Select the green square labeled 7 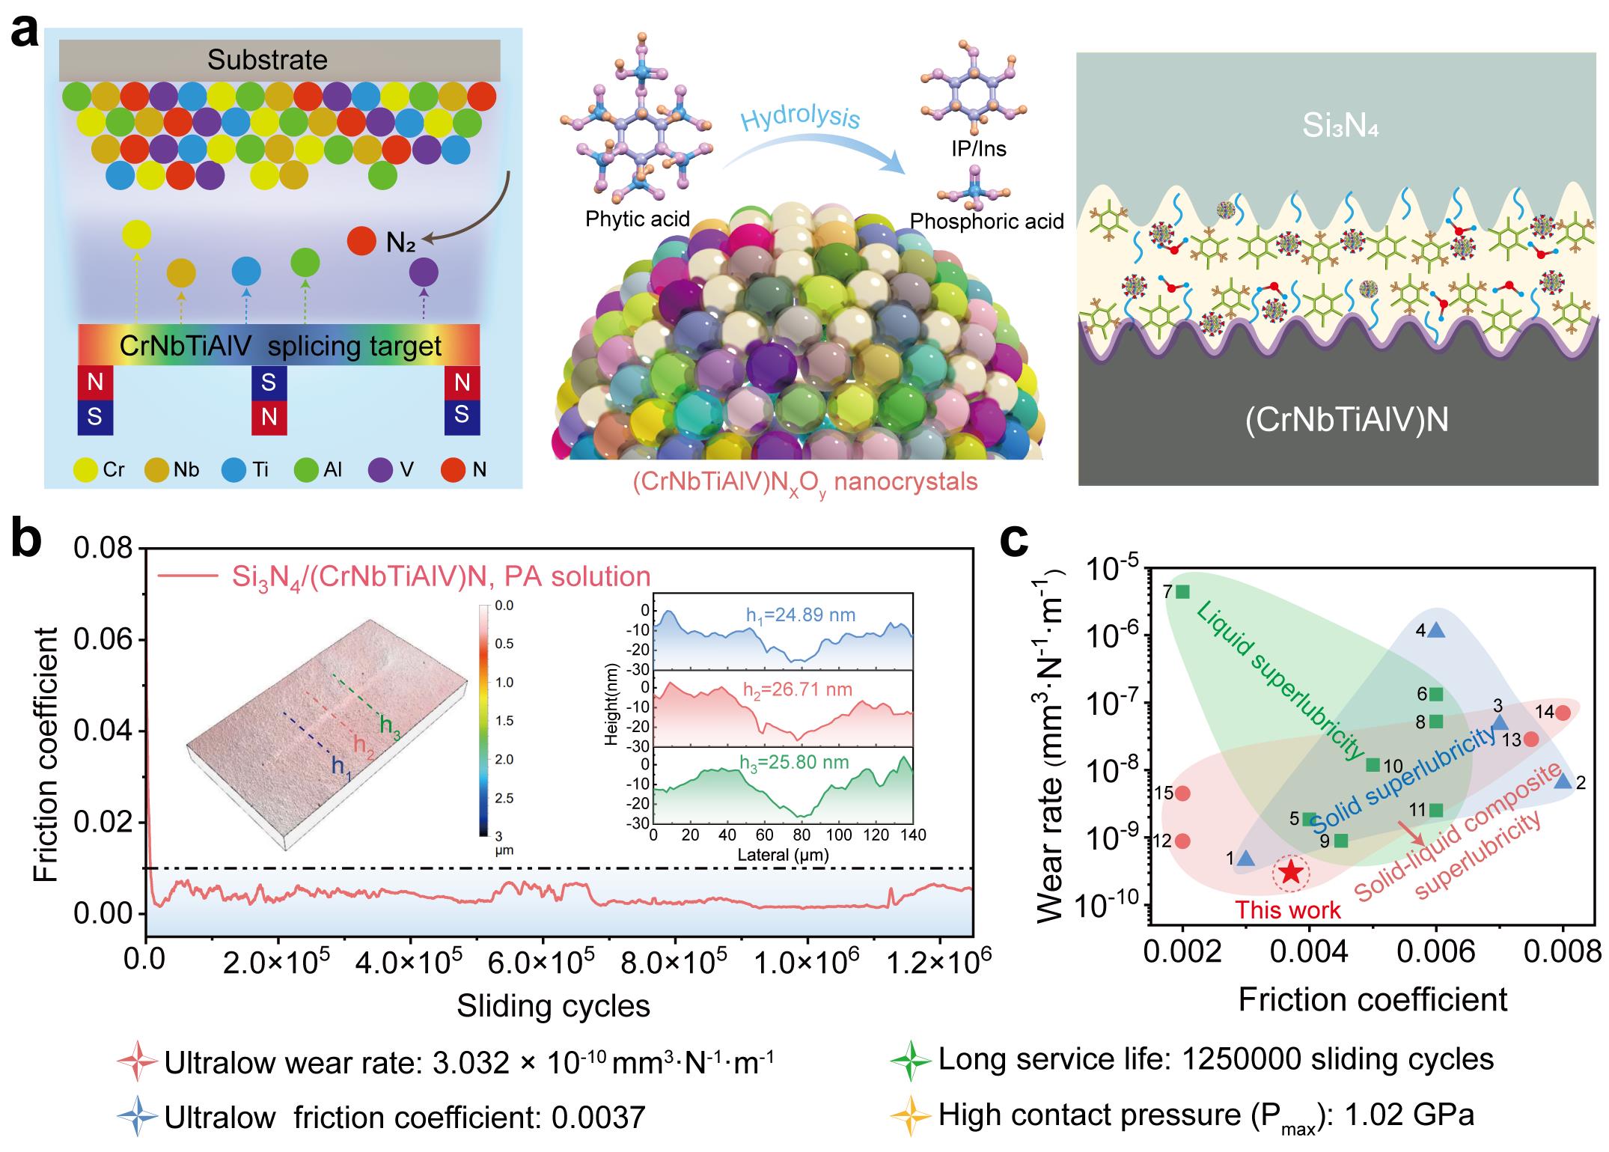point(1182,591)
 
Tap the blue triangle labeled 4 point(1436,630)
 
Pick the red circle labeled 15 point(1182,793)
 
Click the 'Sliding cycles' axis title point(554,1005)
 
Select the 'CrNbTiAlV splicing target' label point(281,346)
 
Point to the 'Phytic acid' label point(638,219)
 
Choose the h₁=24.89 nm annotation point(799,615)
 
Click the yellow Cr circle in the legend point(86,469)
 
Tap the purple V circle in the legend point(381,469)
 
